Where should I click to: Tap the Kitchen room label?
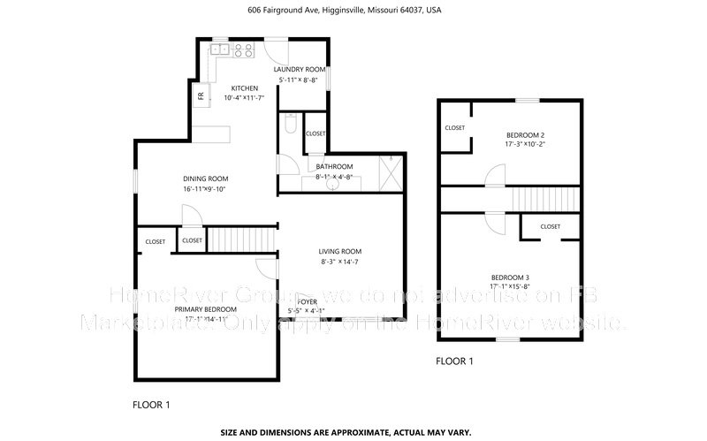pyautogui.click(x=245, y=88)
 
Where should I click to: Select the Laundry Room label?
pyautogui.click(x=300, y=69)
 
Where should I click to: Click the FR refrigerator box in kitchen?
pyautogui.click(x=201, y=95)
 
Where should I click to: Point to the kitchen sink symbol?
pyautogui.click(x=218, y=50)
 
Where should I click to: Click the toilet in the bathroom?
pyautogui.click(x=290, y=127)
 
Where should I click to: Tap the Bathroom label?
pyautogui.click(x=334, y=166)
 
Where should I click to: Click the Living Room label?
pyautogui.click(x=340, y=251)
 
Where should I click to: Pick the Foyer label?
pyautogui.click(x=307, y=301)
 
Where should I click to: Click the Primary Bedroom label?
pyautogui.click(x=205, y=308)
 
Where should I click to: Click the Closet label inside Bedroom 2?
pyautogui.click(x=455, y=127)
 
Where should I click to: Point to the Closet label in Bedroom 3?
pyautogui.click(x=550, y=226)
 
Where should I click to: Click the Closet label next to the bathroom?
pyautogui.click(x=315, y=133)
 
